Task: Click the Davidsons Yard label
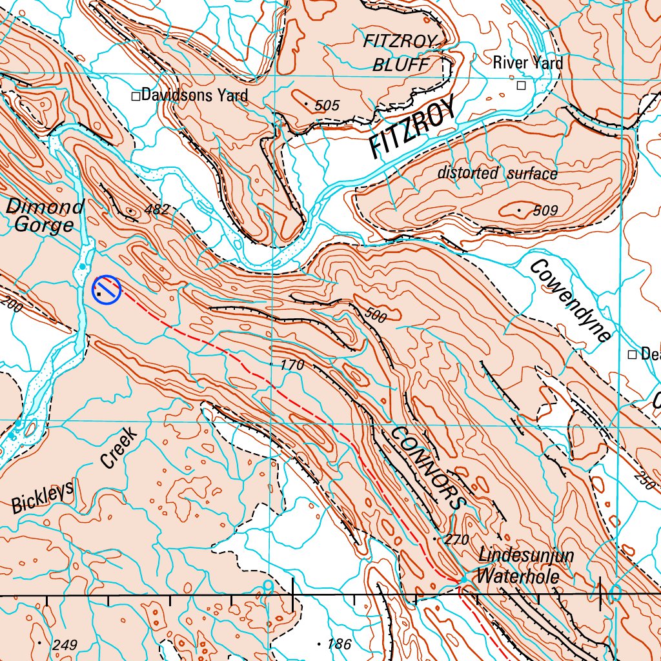[194, 96]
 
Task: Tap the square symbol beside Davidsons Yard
[136, 96]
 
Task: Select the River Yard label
[527, 63]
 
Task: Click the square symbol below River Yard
[521, 85]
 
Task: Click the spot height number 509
[545, 210]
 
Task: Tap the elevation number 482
[157, 209]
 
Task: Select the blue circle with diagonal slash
[107, 289]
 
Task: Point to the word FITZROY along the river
[413, 128]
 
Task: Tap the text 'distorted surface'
[497, 173]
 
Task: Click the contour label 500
[376, 316]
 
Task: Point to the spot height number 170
[292, 365]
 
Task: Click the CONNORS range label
[428, 467]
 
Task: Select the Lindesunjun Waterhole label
[519, 566]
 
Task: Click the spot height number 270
[456, 540]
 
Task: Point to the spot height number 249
[65, 645]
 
